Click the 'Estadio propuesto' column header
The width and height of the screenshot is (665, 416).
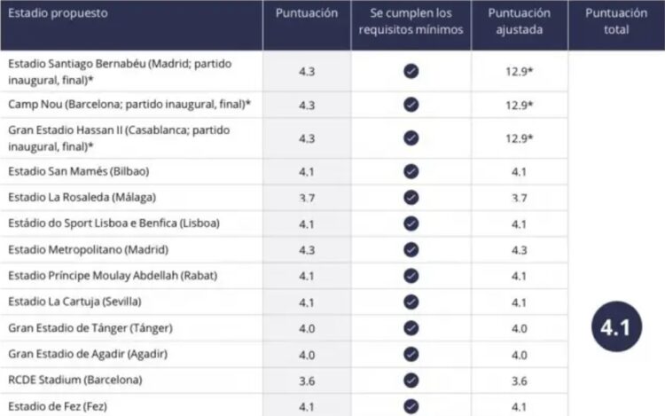click(59, 14)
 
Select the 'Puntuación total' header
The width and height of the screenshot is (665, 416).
click(615, 22)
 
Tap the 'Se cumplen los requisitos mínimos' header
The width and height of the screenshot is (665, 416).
click(411, 22)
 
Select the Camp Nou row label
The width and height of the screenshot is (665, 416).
click(129, 105)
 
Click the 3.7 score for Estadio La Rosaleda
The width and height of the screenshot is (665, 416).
click(307, 197)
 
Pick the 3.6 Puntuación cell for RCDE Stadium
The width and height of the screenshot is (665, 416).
click(307, 380)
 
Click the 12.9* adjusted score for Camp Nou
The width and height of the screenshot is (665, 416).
click(519, 105)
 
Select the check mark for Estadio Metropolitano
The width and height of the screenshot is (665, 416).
click(411, 249)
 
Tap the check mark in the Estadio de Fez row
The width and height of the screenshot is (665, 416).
click(411, 406)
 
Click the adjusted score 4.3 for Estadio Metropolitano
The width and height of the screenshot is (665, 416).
click(519, 249)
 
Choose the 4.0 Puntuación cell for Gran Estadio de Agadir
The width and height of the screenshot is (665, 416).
click(307, 354)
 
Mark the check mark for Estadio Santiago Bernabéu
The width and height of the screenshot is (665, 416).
click(411, 71)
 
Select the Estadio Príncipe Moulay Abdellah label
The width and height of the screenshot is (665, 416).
click(113, 275)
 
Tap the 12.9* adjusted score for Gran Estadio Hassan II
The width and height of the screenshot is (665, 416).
click(519, 137)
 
